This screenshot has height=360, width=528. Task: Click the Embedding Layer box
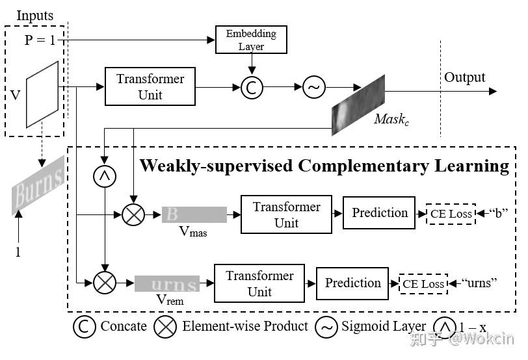point(251,40)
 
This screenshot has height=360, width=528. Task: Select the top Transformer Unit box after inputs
point(150,87)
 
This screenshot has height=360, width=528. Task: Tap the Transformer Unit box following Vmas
point(286,214)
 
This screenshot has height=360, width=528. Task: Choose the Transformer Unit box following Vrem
point(259,283)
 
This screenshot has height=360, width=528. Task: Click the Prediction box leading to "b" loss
point(380,212)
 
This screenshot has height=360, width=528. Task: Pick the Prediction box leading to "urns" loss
point(352,283)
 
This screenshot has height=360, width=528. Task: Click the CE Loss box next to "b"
point(451,214)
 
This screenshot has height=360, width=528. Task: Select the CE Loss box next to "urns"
point(423,283)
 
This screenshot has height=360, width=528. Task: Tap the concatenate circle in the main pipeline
point(252,88)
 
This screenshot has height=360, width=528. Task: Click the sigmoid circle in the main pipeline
point(313,88)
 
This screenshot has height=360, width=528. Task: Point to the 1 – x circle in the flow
point(104,176)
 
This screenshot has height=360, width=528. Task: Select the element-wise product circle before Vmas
point(133,214)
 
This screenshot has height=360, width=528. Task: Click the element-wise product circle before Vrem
point(104,283)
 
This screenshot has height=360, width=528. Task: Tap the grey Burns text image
point(39,185)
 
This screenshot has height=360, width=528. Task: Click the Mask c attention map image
point(358,104)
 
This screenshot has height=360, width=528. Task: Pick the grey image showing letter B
point(194,214)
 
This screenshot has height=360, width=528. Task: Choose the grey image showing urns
point(166,284)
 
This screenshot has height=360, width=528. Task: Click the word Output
point(464,77)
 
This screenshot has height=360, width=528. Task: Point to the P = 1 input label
point(40,40)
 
